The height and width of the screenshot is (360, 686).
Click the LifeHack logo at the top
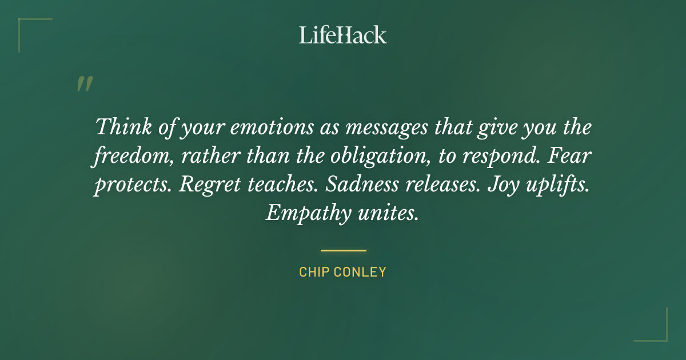(x=343, y=35)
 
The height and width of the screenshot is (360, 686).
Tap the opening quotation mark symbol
(x=84, y=84)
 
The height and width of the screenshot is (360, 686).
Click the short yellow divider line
(x=343, y=250)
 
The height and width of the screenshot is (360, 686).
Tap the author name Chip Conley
(x=343, y=272)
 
